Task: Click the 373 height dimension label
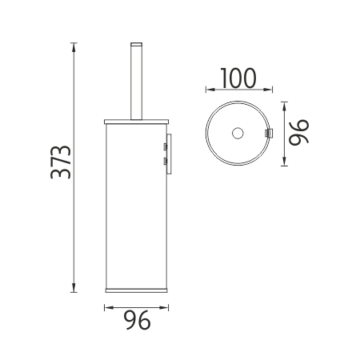(x=61, y=162)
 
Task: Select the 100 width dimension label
(x=238, y=78)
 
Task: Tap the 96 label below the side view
(x=137, y=320)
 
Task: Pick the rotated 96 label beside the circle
(x=299, y=133)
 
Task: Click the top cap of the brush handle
(x=136, y=45)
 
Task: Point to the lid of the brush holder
(x=136, y=122)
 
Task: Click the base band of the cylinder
(x=136, y=290)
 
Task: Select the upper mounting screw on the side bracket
(x=166, y=146)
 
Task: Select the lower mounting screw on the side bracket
(x=166, y=161)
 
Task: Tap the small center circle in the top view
(x=238, y=133)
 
